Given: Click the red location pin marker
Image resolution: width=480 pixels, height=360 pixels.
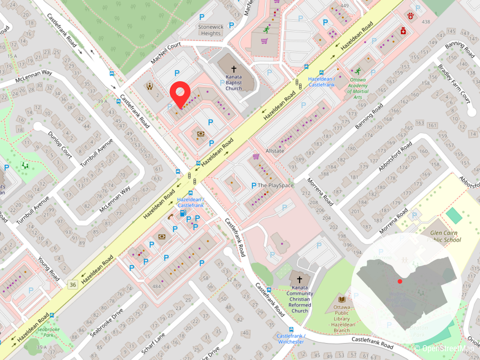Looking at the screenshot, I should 180,94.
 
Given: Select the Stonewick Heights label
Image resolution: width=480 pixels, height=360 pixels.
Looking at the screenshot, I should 211,30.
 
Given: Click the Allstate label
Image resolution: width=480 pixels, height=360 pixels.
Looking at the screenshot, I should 275,151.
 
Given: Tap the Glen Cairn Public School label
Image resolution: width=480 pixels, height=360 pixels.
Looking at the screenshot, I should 444,236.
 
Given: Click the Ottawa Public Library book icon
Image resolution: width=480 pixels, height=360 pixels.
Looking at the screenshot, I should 342,299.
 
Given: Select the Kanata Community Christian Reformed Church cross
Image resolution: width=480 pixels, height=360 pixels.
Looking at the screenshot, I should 300,279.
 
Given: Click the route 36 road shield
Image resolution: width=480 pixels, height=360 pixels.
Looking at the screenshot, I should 72,284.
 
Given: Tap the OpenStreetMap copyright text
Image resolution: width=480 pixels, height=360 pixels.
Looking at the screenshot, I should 446,348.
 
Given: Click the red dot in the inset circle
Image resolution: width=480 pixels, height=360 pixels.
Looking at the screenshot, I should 400,281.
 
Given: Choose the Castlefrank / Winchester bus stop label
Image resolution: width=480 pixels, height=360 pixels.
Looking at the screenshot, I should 291,338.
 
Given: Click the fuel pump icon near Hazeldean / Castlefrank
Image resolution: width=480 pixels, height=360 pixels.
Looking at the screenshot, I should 182,212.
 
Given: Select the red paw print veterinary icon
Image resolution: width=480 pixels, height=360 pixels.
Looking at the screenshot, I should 410,16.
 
